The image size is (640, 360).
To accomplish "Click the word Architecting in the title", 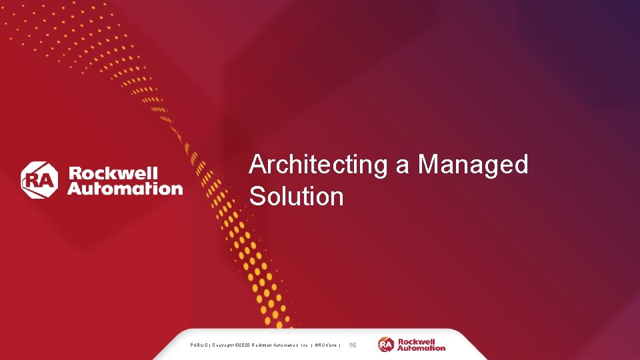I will [x=318, y=165].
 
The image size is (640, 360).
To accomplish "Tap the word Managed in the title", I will [x=473, y=165].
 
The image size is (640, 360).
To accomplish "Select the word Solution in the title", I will [x=297, y=197].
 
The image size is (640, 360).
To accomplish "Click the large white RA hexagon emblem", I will [x=40, y=180].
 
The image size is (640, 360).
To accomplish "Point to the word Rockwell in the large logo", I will [x=113, y=173].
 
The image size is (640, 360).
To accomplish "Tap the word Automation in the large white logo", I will [x=125, y=188].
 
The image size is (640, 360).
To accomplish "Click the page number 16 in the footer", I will [x=353, y=345].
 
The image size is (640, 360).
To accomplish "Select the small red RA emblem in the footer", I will [x=386, y=345].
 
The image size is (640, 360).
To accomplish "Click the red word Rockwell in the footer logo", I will [x=416, y=341].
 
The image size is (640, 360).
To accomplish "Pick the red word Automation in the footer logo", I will [x=421, y=348].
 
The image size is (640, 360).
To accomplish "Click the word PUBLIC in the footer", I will [x=199, y=345].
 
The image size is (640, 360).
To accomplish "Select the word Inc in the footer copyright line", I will [x=304, y=345].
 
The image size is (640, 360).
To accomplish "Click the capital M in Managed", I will [x=427, y=165].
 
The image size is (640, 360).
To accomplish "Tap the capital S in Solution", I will [x=257, y=197].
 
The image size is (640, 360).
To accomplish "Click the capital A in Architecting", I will [x=257, y=165].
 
